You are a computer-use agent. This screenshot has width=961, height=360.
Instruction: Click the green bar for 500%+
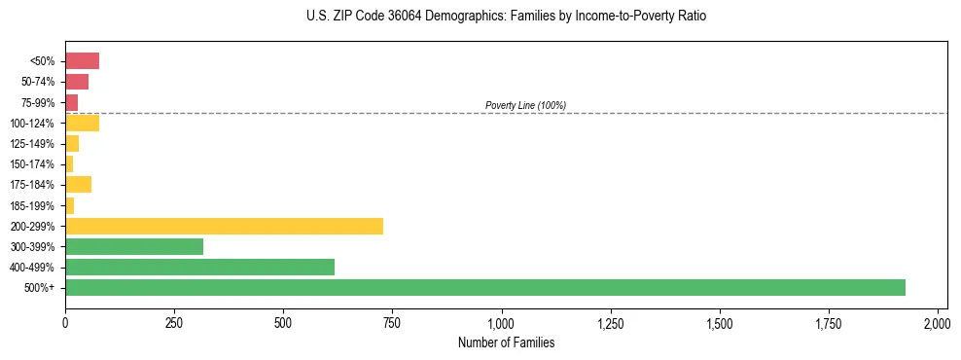pos(484,287)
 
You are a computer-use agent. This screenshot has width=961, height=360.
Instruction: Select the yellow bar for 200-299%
pos(224,226)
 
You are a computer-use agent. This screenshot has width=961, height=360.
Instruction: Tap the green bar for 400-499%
pos(199,267)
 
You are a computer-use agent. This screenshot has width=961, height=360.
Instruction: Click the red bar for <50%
pos(82,61)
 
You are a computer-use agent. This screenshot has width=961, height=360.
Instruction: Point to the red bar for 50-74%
pos(77,82)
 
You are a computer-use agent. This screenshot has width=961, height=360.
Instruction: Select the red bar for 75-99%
pos(71,102)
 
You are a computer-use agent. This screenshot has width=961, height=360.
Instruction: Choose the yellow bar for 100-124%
pos(82,123)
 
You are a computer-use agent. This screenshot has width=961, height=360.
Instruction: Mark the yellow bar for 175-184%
pos(78,184)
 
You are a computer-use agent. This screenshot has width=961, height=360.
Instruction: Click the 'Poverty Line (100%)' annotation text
pos(525,105)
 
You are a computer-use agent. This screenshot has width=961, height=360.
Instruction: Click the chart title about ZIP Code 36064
pos(505,17)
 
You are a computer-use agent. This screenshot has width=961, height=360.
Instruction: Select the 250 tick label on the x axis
pos(174,322)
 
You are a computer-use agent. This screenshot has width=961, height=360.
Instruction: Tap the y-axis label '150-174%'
pos(33,164)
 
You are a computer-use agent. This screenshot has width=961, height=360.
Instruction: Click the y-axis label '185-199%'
pos(33,205)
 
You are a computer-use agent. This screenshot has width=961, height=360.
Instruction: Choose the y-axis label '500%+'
pos(41,288)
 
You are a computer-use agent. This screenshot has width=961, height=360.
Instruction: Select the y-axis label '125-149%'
pos(33,144)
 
